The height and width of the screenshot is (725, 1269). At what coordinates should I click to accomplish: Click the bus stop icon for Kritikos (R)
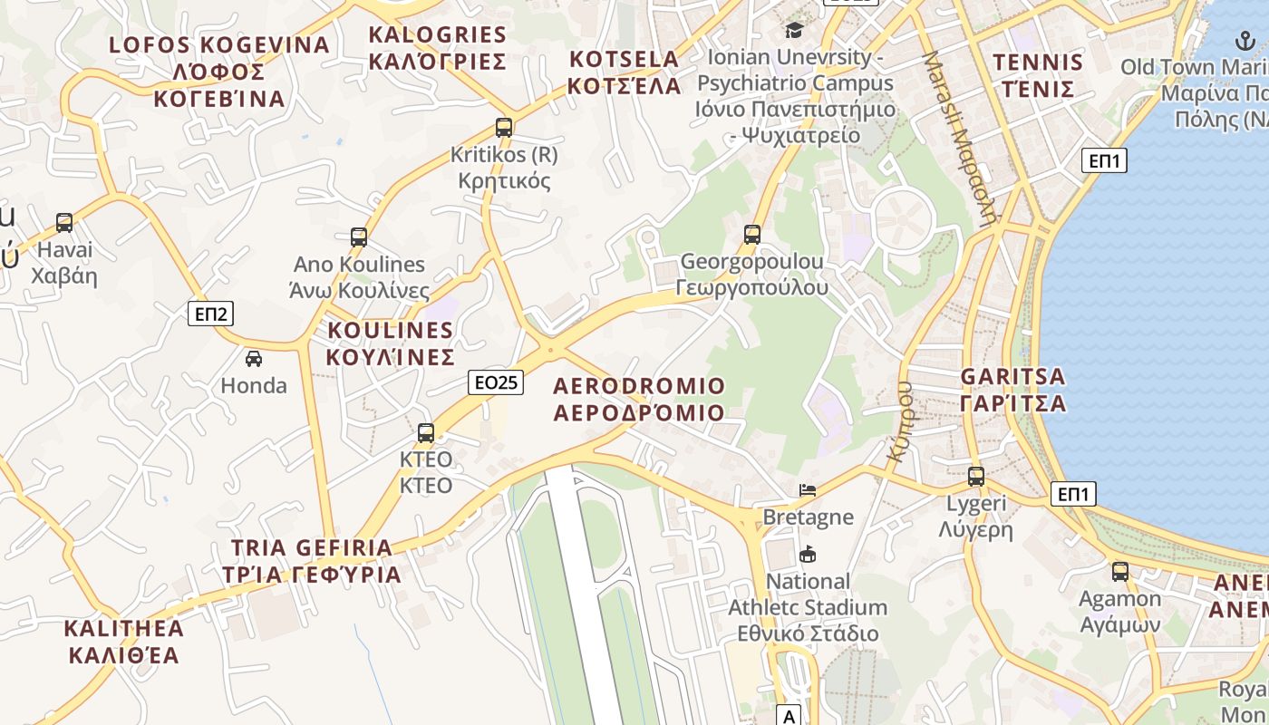pyautogui.click(x=504, y=128)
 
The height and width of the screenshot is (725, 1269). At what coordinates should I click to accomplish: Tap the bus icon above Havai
pyautogui.click(x=63, y=223)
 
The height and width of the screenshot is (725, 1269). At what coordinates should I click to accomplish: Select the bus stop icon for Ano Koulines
pyautogui.click(x=359, y=237)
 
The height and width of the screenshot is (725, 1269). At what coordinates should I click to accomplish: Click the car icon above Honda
pyautogui.click(x=254, y=359)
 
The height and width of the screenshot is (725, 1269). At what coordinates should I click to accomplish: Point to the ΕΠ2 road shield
pyautogui.click(x=211, y=314)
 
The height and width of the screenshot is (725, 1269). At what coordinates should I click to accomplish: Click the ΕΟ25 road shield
pyautogui.click(x=497, y=382)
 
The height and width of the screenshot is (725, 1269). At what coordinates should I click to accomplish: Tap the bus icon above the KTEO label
pyautogui.click(x=426, y=433)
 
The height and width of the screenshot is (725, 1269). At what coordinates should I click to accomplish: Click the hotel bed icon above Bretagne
pyautogui.click(x=808, y=490)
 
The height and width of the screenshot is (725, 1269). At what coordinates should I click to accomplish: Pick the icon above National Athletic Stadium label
pyautogui.click(x=808, y=554)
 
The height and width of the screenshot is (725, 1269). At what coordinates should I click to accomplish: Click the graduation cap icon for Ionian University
pyautogui.click(x=794, y=30)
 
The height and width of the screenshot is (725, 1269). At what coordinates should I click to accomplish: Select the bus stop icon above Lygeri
pyautogui.click(x=975, y=477)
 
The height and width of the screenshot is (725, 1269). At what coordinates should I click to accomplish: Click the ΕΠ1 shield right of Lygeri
pyautogui.click(x=1074, y=494)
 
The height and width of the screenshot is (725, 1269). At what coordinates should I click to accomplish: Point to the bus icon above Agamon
pyautogui.click(x=1120, y=572)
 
